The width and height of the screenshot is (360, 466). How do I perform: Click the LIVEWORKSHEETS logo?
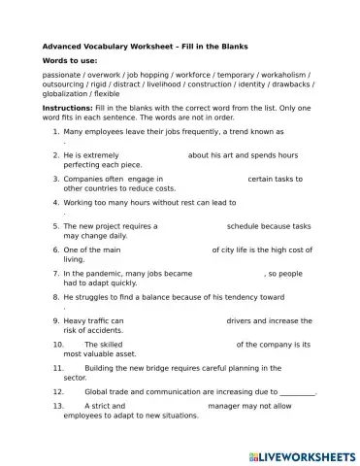[302, 454]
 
